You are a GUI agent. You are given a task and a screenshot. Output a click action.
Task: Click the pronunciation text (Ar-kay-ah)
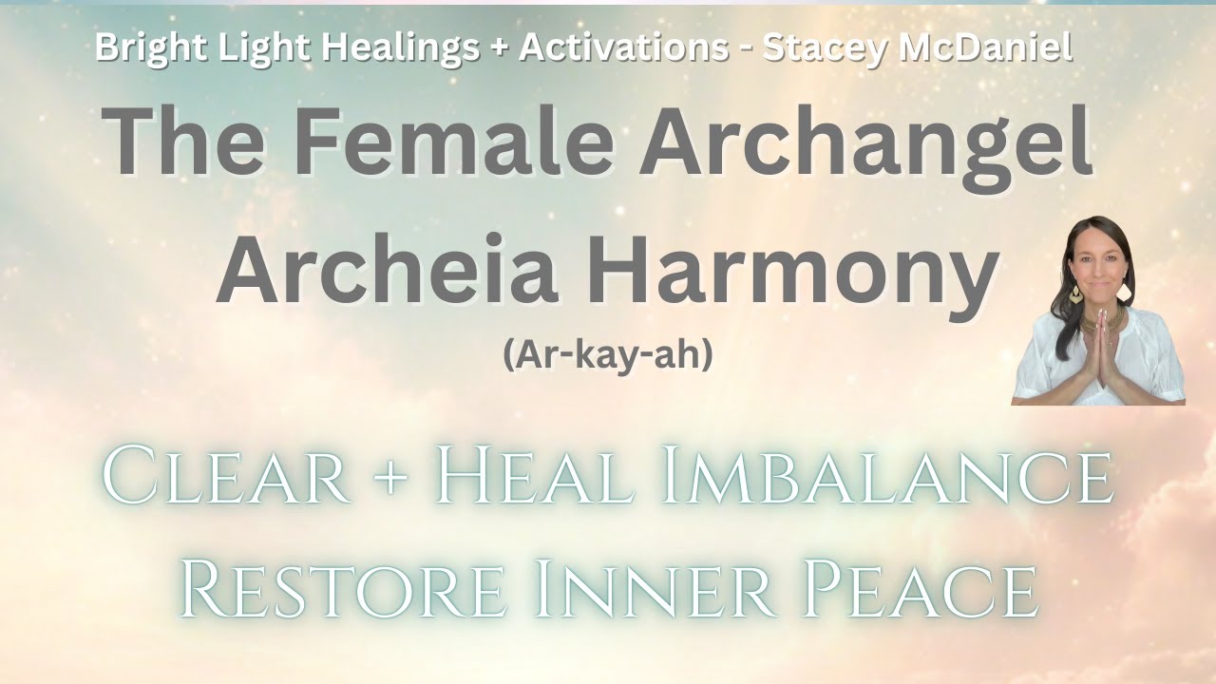pyautogui.click(x=608, y=356)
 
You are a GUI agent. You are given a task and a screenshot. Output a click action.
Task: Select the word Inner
pyautogui.click(x=645, y=589)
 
